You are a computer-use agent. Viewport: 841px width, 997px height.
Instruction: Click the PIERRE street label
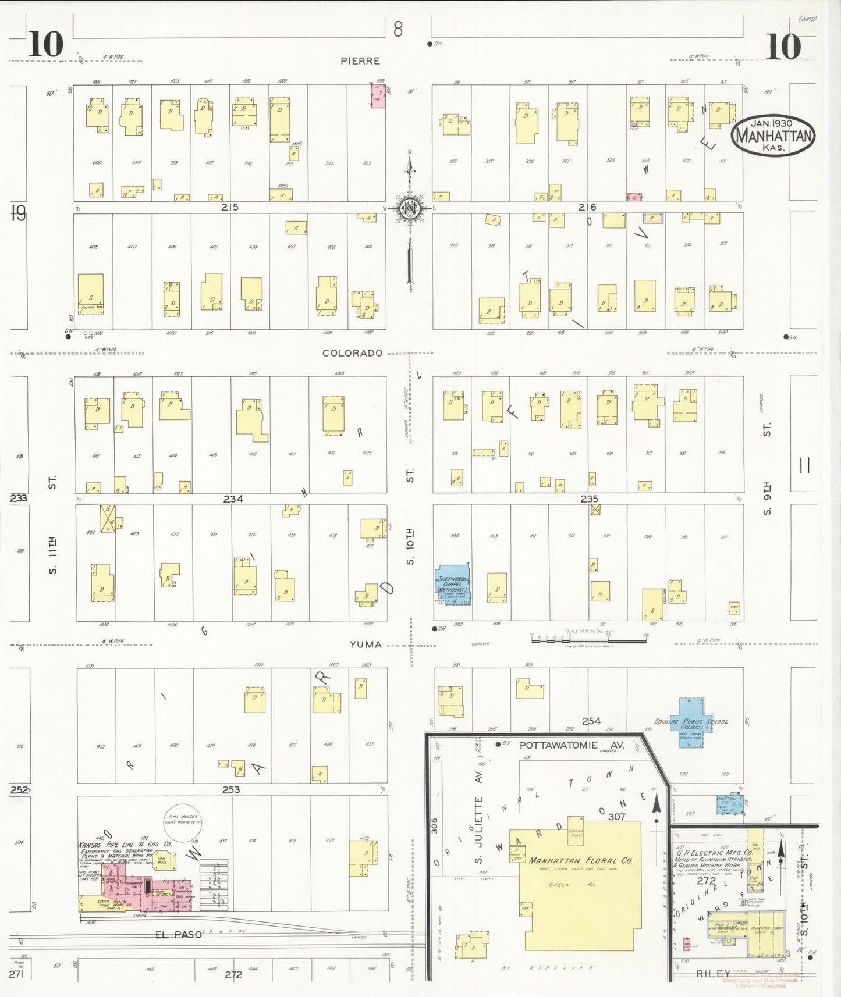[360, 61]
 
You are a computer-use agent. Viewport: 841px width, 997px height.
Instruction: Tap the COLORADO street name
[353, 353]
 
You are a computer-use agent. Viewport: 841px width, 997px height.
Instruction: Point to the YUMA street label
[366, 645]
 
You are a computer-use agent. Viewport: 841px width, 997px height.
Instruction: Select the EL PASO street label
[178, 935]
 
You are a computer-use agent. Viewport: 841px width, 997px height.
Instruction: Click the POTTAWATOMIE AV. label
[572, 745]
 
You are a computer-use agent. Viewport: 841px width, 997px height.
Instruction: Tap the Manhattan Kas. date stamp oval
[773, 136]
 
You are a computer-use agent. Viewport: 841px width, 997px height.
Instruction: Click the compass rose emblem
[410, 209]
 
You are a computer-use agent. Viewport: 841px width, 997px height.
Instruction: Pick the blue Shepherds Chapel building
[454, 585]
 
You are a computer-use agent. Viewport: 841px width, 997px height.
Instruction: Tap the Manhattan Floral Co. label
[580, 860]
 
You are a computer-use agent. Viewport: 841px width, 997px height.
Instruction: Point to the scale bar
[588, 640]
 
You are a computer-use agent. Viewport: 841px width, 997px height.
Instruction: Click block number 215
[230, 207]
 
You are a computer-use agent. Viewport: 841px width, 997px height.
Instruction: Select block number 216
[587, 207]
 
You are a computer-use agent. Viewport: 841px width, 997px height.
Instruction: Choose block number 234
[233, 499]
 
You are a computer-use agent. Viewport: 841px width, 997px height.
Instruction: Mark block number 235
[589, 499]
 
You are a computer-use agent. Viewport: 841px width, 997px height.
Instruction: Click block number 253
[231, 790]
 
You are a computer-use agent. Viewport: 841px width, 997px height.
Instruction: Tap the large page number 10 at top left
[45, 45]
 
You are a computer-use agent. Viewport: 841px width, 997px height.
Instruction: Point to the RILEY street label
[713, 974]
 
